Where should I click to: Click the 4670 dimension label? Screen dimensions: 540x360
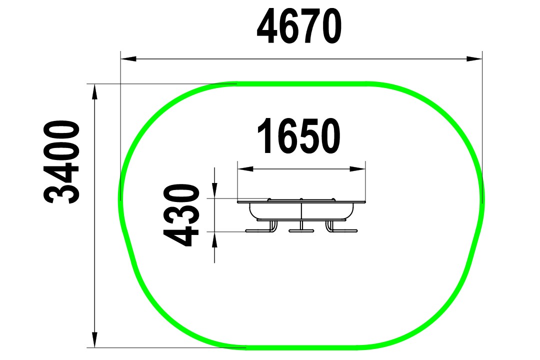(299, 27)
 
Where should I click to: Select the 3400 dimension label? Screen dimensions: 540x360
(61, 162)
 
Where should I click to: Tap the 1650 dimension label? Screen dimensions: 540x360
(299, 135)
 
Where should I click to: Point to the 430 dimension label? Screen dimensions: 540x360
(181, 215)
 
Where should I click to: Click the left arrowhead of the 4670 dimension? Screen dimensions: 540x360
(128, 58)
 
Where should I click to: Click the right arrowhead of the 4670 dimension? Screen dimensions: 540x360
(474, 58)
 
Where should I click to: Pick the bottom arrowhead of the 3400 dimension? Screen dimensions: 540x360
(94, 339)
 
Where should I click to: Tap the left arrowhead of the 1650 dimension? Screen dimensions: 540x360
(245, 169)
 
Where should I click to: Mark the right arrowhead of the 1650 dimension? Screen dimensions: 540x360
(357, 169)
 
